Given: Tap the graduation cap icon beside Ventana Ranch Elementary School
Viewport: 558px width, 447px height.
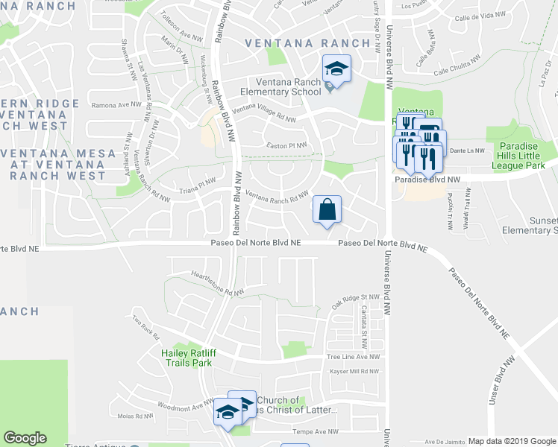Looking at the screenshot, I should [x=336, y=70].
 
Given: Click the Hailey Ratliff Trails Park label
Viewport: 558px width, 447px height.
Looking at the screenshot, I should [x=186, y=358].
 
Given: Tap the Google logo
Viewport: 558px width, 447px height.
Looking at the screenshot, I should [x=25, y=438].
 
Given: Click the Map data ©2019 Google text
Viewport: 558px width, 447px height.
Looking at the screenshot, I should [x=511, y=441].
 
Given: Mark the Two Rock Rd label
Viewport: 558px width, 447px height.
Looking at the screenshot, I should [x=146, y=323].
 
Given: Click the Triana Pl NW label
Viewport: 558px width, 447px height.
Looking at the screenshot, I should [x=198, y=186].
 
